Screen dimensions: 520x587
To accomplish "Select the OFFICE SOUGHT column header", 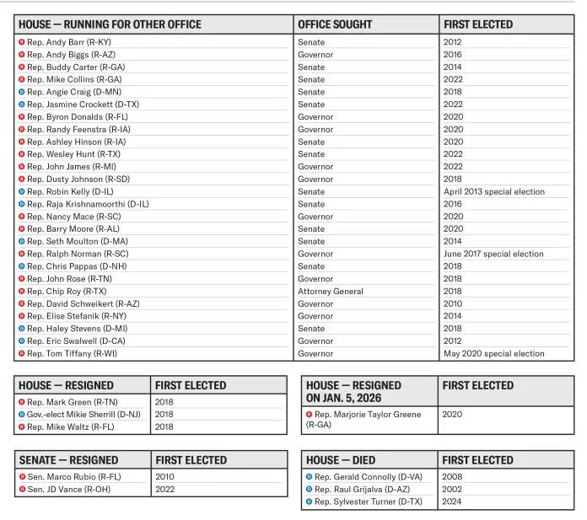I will point(335,24).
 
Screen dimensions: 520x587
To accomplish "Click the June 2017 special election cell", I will point(493,254).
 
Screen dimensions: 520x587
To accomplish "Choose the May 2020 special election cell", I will point(493,354).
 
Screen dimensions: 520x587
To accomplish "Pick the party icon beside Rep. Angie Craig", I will point(22,92).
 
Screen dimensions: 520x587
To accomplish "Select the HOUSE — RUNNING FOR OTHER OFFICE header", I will point(110,24).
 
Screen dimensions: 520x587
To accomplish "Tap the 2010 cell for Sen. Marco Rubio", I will point(165,476).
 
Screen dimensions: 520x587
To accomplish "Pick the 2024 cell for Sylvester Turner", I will point(453,501).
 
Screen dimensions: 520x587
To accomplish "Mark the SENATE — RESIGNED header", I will point(69,460).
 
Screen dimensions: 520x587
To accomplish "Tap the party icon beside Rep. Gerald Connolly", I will point(309,477).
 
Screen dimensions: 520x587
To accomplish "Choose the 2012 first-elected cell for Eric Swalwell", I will point(453,341).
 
